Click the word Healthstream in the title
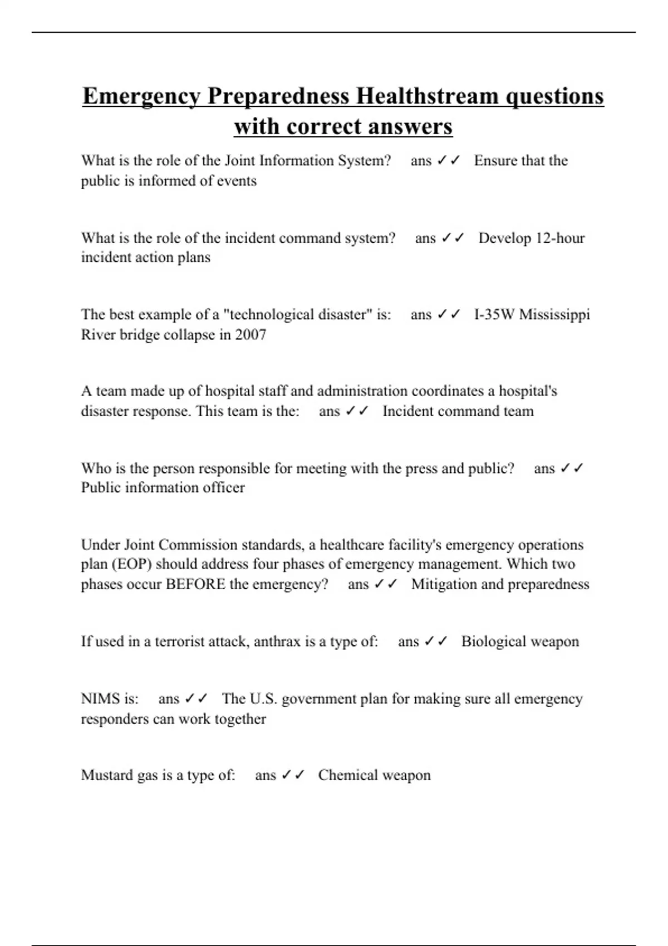[x=428, y=96]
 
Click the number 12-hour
[x=560, y=238]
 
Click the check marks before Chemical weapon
[x=293, y=775]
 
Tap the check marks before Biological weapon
[x=436, y=641]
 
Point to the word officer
[x=224, y=487]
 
